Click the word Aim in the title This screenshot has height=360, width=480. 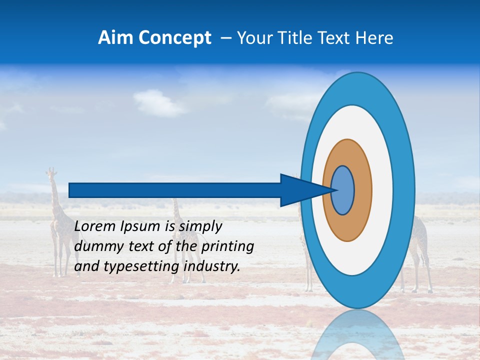[x=115, y=37]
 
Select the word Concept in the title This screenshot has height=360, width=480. [x=174, y=38]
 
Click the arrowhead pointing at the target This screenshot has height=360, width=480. [x=300, y=190]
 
